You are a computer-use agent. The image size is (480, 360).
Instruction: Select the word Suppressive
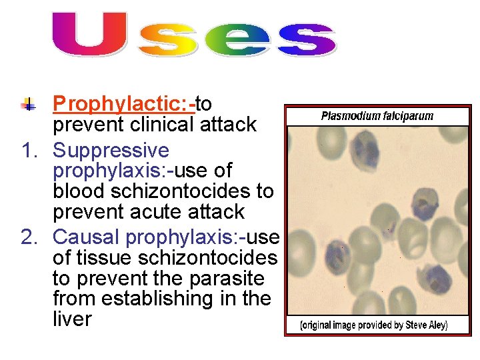(x=111, y=151)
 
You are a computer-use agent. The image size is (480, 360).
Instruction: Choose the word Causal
(x=86, y=237)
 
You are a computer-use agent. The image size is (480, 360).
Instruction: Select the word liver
(x=72, y=319)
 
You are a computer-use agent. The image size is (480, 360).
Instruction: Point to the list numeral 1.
(x=29, y=151)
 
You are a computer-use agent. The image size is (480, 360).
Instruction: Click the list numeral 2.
(x=29, y=237)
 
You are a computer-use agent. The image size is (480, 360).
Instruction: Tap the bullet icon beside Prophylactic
(x=29, y=104)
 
